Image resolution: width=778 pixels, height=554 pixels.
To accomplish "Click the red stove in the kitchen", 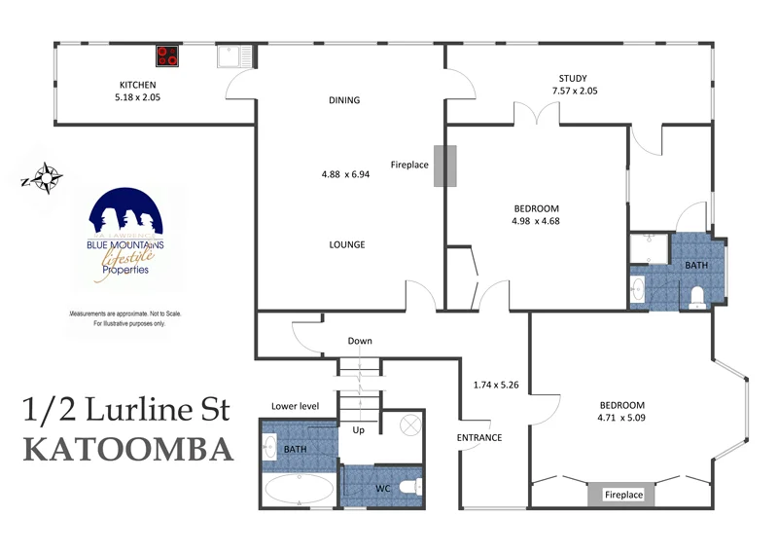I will [x=168, y=56].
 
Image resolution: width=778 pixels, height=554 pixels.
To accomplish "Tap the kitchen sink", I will [x=234, y=56].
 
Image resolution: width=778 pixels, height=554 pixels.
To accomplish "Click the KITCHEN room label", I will [x=138, y=85].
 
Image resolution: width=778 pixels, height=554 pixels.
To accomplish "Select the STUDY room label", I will [x=573, y=78].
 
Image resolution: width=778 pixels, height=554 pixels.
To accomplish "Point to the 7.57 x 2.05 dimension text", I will [x=574, y=91].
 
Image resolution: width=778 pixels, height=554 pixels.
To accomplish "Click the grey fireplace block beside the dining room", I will [x=444, y=165].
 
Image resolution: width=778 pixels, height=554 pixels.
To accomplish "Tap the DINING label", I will [x=344, y=99].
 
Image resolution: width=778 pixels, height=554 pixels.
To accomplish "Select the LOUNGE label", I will [x=346, y=244].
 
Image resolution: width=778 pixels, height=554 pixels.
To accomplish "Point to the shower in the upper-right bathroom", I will [x=648, y=249].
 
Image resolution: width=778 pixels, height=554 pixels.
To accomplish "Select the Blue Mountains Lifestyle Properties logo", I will [x=125, y=237].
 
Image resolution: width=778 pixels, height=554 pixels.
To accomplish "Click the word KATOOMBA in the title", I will [x=127, y=450].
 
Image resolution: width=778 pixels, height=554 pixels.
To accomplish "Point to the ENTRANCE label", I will [x=479, y=437].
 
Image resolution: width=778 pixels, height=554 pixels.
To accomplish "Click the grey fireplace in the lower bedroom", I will [x=623, y=495].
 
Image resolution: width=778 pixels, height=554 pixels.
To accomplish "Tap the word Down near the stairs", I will [x=360, y=341].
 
